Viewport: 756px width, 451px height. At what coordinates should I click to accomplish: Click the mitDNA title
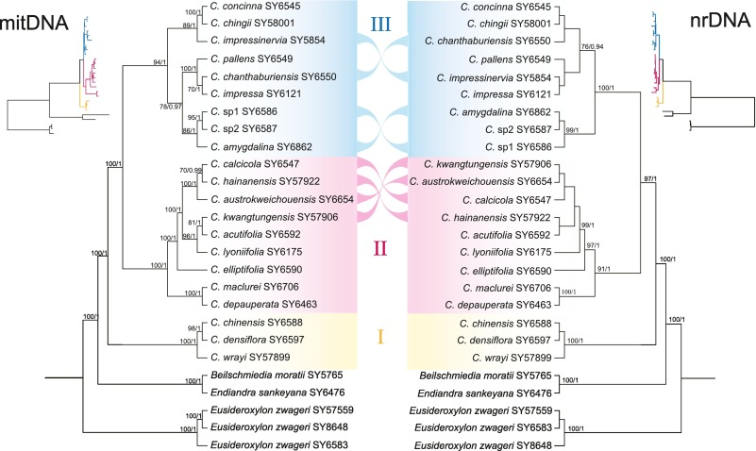pyautogui.click(x=34, y=23)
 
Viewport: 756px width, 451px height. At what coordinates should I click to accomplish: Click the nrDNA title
pyautogui.click(x=720, y=21)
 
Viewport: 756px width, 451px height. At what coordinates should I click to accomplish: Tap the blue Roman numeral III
pyautogui.click(x=380, y=25)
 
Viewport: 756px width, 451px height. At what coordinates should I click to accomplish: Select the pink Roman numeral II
pyautogui.click(x=380, y=249)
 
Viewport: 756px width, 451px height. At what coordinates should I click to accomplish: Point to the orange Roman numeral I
pyautogui.click(x=380, y=336)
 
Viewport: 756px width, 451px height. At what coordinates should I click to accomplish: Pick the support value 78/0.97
pyautogui.click(x=171, y=107)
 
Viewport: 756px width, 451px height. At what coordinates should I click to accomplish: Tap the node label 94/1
pyautogui.click(x=160, y=62)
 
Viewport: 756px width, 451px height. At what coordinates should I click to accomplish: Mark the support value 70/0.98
pyautogui.click(x=191, y=170)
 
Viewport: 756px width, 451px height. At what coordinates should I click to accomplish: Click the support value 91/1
pyautogui.click(x=603, y=269)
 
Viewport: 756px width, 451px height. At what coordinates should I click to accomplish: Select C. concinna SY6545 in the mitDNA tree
pyautogui.click(x=255, y=6)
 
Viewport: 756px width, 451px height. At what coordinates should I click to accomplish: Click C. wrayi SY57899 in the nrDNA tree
pyautogui.click(x=512, y=358)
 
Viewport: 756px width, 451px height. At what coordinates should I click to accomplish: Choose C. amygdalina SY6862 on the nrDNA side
pyautogui.click(x=500, y=112)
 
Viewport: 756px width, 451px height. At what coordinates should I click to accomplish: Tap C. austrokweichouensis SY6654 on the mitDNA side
pyautogui.click(x=282, y=199)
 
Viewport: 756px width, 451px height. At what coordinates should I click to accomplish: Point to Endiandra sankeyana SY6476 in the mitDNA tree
pyautogui.click(x=277, y=393)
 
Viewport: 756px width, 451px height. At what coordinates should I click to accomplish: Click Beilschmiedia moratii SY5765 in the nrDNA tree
pyautogui.click(x=485, y=376)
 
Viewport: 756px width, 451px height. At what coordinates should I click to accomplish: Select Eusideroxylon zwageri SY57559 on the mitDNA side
pyautogui.click(x=282, y=410)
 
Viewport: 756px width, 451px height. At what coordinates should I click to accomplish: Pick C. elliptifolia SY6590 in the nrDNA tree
pyautogui.click(x=505, y=272)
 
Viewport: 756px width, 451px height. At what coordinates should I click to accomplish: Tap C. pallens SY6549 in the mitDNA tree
pyautogui.click(x=252, y=59)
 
